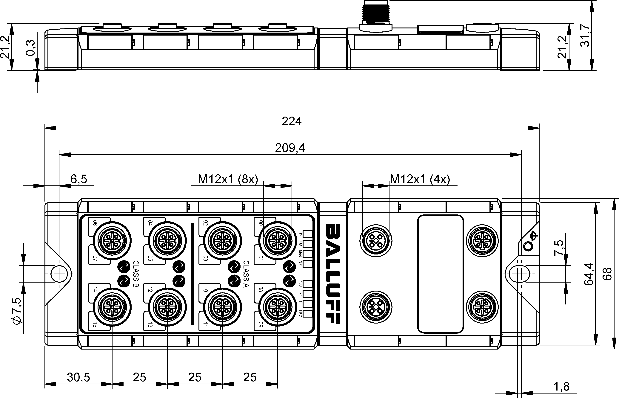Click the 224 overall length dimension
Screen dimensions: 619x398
[x=292, y=121]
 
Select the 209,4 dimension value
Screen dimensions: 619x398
[x=290, y=148]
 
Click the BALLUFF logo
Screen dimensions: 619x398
[x=332, y=274]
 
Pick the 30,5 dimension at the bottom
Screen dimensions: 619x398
[x=78, y=377]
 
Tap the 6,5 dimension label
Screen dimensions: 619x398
[x=79, y=179]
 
